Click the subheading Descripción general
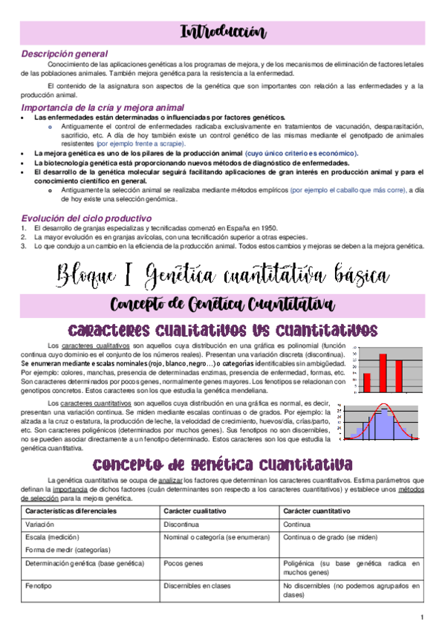[65, 54]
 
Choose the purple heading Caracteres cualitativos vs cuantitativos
[222, 329]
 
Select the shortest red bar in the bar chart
[366, 381]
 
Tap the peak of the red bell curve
[384, 405]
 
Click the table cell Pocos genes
[182, 564]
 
